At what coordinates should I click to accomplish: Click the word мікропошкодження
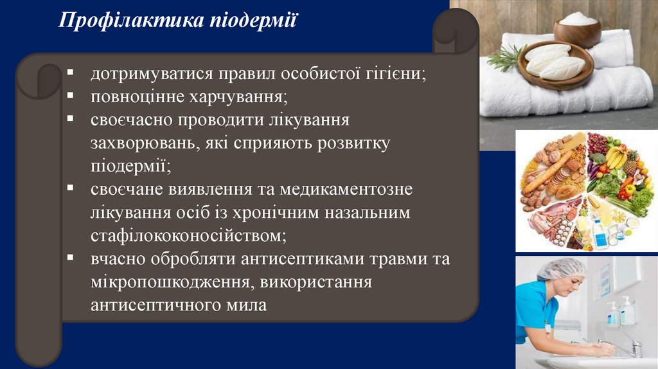click(170, 282)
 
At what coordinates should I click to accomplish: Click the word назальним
click(365, 213)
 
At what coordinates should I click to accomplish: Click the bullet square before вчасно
click(69, 258)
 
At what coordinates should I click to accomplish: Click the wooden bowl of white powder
click(577, 28)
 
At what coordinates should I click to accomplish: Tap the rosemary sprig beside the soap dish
click(505, 59)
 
